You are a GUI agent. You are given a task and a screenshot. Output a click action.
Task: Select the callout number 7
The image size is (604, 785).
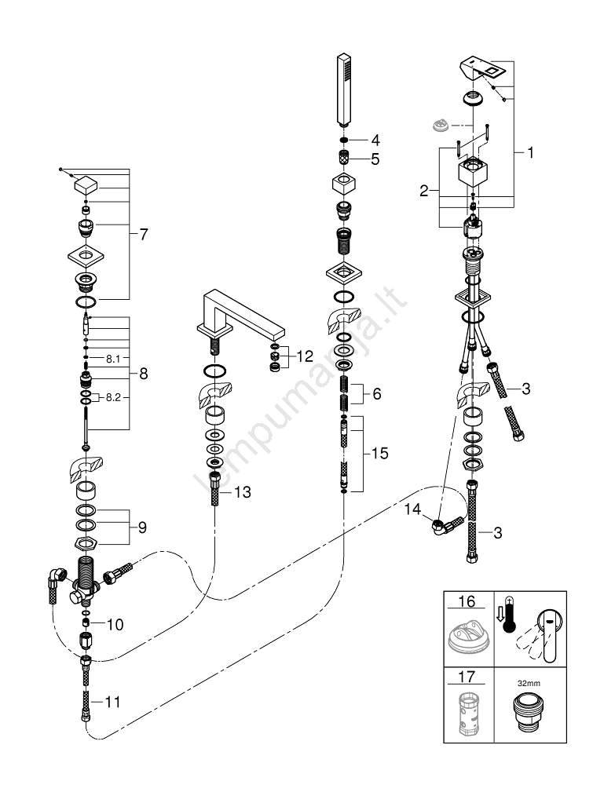click(143, 234)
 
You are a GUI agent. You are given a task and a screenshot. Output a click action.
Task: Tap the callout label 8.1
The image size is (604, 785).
click(113, 358)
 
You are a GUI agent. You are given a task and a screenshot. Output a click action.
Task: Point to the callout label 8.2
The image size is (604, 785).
click(113, 398)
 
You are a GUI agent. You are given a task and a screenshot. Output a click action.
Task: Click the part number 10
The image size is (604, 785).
click(115, 624)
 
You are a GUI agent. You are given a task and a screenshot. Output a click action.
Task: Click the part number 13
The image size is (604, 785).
click(243, 492)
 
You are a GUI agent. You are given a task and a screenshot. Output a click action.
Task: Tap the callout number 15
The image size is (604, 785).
click(381, 454)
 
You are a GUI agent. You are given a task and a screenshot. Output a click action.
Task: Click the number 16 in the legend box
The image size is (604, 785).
click(467, 602)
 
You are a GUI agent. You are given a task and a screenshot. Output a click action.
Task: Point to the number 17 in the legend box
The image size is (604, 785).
click(467, 674)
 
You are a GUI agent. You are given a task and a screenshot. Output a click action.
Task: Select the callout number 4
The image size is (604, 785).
click(375, 141)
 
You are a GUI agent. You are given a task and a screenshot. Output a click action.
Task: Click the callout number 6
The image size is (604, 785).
click(376, 394)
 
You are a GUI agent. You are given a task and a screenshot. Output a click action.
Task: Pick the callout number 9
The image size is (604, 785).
click(142, 527)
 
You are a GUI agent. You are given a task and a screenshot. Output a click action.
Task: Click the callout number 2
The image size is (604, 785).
click(424, 189)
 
